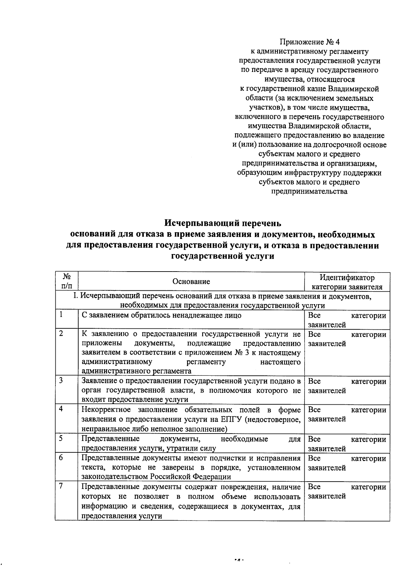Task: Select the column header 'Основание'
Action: [191, 282]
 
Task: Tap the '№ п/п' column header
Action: [66, 282]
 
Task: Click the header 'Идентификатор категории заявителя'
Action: [347, 282]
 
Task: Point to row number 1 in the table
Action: [61, 315]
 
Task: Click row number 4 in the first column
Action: [61, 409]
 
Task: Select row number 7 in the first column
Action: [61, 486]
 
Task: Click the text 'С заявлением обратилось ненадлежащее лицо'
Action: [161, 316]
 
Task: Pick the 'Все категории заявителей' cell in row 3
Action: [347, 386]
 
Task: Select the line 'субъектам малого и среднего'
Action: [309, 154]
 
